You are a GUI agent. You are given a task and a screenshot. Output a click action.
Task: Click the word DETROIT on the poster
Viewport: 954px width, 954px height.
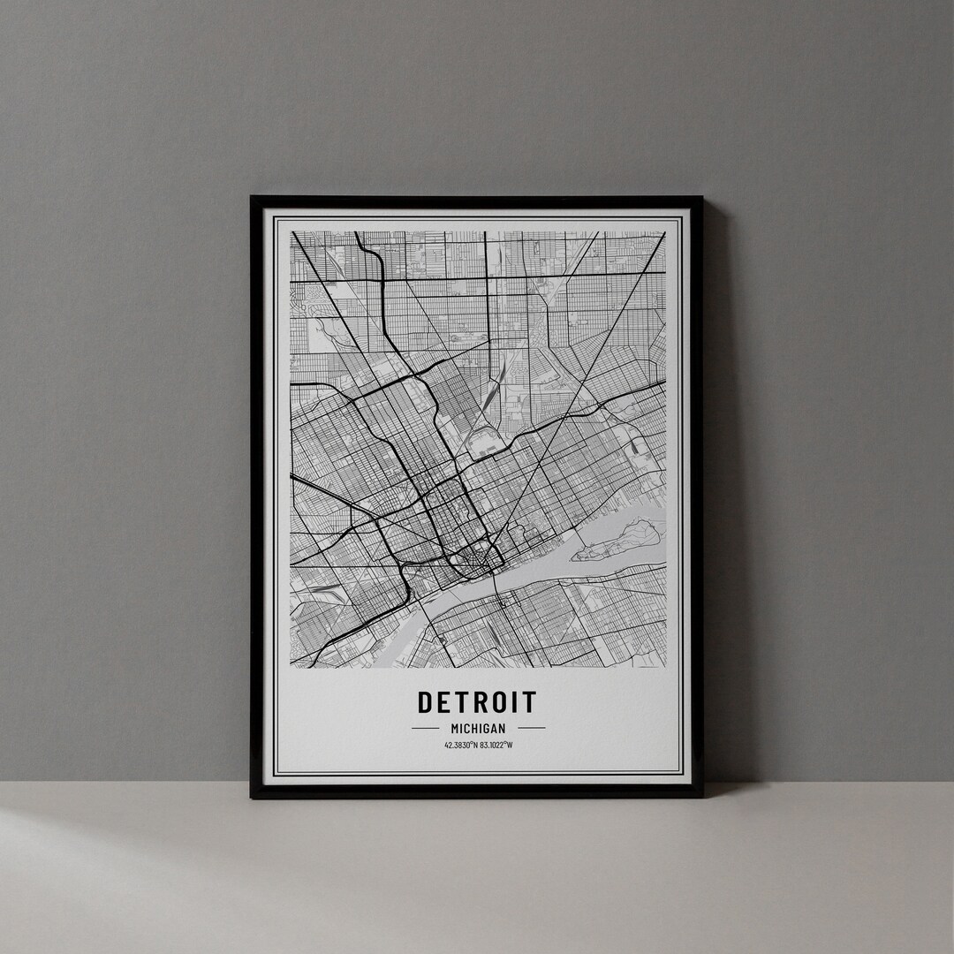[x=477, y=702]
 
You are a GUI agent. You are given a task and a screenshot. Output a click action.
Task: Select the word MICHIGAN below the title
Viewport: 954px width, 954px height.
[x=478, y=728]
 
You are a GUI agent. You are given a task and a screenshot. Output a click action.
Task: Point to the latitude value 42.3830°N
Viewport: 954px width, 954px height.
[x=461, y=745]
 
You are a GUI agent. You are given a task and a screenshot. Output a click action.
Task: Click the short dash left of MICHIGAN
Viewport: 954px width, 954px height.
[x=425, y=728]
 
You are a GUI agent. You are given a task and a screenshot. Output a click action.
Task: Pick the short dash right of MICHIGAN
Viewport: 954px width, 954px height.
[x=531, y=728]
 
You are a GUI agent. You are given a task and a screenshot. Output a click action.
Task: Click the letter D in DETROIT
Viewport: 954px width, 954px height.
[x=426, y=702]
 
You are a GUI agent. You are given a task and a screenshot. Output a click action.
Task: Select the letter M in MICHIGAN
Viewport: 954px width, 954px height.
[x=454, y=728]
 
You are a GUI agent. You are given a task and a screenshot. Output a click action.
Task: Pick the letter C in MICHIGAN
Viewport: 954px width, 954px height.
[x=466, y=728]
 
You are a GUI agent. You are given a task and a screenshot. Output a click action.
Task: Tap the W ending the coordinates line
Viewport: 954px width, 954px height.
[x=510, y=745]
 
